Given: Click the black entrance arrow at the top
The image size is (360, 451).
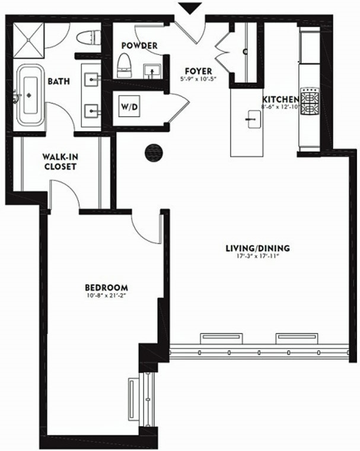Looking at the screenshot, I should [x=189, y=8].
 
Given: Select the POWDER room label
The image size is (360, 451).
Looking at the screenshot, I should [x=139, y=46].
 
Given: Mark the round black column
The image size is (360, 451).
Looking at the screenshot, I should [x=153, y=151].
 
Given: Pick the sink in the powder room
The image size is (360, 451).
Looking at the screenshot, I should [x=154, y=71].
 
